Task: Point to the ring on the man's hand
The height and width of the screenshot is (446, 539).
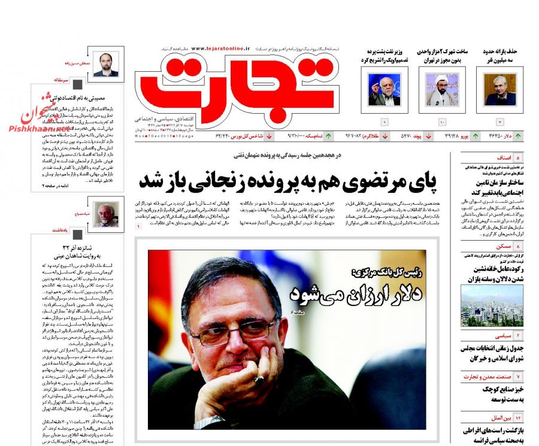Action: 258,380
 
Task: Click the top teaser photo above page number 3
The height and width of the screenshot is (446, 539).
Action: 499,90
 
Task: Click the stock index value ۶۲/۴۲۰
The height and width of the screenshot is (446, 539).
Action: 225,136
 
